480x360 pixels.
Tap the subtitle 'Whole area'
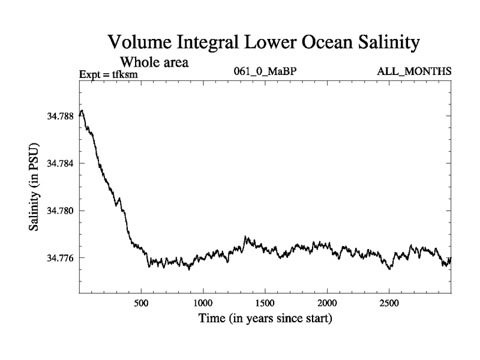pos(156,62)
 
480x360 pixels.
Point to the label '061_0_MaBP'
pos(266,72)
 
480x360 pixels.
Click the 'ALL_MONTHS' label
pos(414,72)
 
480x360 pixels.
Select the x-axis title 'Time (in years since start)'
pos(265,319)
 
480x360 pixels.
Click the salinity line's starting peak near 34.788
pos(82,110)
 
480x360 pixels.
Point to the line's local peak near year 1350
pos(245,237)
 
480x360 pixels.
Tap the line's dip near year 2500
pos(390,269)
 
